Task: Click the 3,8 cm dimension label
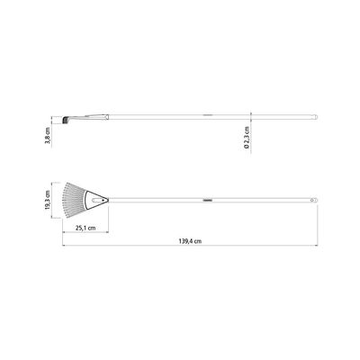click(48, 136)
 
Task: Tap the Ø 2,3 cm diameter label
click(247, 138)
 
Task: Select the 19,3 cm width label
click(48, 200)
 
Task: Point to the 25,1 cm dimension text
click(85, 228)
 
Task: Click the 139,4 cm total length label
click(190, 241)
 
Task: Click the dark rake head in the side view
click(65, 120)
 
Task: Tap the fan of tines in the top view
click(74, 200)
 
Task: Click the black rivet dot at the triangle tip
click(103, 200)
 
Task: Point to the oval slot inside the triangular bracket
click(97, 200)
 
